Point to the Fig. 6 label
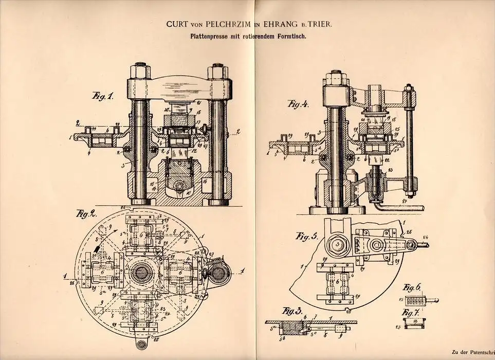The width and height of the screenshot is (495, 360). (x=409, y=286)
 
